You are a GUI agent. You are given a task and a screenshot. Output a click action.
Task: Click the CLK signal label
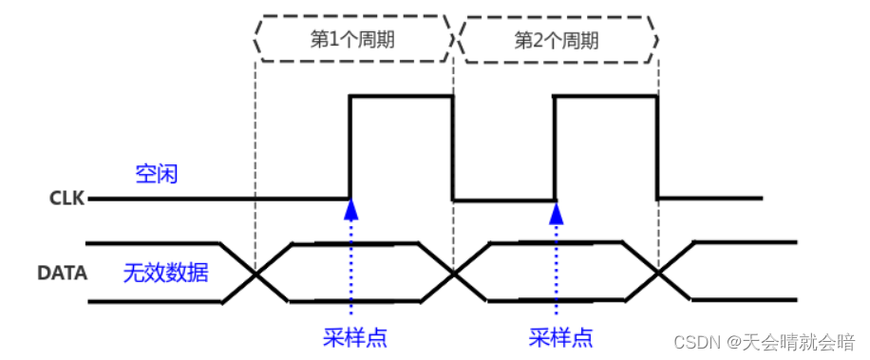point(66,199)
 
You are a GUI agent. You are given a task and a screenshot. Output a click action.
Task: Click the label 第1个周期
point(353,40)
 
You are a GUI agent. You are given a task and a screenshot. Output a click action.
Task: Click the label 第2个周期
point(556,40)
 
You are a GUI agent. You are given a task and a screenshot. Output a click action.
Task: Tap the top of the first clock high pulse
point(401,96)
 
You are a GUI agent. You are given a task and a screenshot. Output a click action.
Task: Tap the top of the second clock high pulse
point(606,96)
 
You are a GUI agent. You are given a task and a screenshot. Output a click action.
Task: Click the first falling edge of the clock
point(452,147)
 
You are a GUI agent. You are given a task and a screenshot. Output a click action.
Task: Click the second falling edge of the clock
point(658,147)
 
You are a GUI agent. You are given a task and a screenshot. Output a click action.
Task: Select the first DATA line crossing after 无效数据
point(255,274)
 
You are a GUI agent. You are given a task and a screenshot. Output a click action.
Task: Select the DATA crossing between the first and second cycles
point(453,274)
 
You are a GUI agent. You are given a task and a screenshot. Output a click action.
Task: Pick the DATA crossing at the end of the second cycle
point(659,274)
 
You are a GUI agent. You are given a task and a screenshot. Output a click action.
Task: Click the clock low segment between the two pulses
point(503,199)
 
